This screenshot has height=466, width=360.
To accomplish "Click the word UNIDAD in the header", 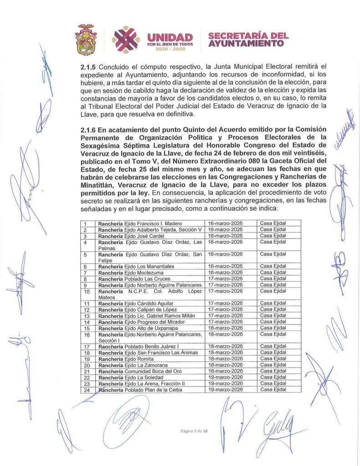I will (170, 37).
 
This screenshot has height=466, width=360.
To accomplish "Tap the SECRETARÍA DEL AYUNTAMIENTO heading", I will (248, 40).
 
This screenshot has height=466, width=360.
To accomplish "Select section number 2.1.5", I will (88, 66).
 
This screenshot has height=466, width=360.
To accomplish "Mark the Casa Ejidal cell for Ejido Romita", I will (273, 359).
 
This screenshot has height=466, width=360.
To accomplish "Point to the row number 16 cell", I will (87, 337).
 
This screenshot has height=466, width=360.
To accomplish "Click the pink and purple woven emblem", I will (126, 39).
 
